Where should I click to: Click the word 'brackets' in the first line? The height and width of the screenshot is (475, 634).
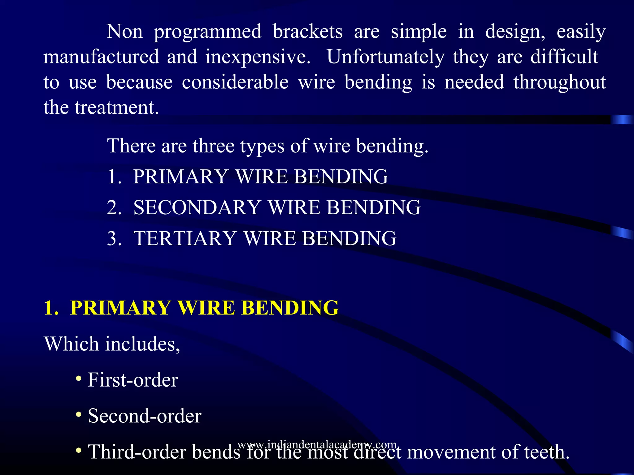307,32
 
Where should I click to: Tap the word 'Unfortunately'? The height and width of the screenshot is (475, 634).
385,57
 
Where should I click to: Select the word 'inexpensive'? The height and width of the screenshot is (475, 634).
258,57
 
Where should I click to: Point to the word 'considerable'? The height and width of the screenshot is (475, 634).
235,82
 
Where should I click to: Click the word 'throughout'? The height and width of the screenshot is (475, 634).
559,82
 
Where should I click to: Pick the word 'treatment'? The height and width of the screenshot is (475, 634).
116,108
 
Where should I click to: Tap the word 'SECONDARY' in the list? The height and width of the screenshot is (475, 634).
197,207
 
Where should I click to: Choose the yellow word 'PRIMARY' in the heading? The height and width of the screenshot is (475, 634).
120,308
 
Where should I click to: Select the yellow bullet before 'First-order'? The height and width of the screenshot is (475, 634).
79,378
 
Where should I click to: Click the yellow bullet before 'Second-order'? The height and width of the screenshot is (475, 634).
79,414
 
